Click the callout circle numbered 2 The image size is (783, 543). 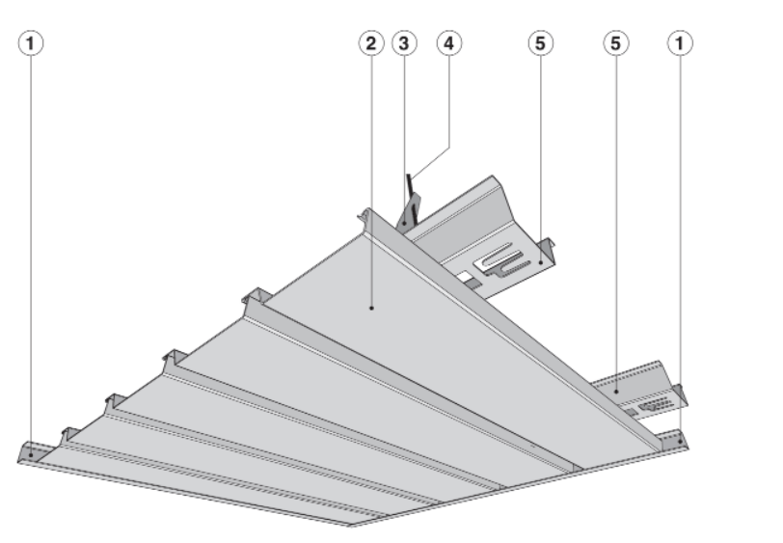coord(368,42)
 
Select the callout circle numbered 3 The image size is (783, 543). coord(405,42)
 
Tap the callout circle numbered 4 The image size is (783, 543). coord(448,42)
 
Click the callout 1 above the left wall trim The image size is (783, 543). coord(32,42)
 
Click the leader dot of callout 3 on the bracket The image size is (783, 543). coord(405,219)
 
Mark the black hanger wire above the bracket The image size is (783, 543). coord(411,184)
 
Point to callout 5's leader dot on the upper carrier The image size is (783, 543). coord(541,258)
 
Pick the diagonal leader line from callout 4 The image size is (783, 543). coord(431,158)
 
